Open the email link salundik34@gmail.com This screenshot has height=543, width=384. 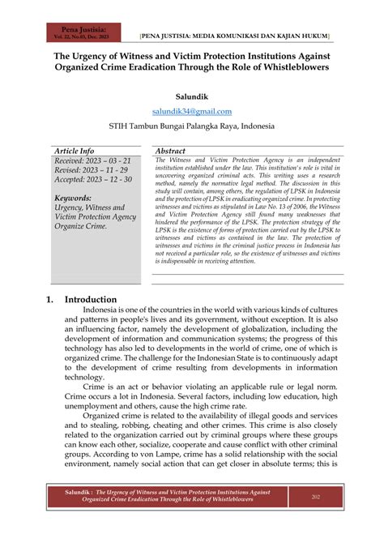coord(191,112)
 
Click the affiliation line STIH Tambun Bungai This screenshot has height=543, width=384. coord(191,127)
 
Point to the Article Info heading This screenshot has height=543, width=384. coord(74,151)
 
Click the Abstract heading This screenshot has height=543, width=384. coord(170,151)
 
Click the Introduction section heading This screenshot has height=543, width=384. coord(91,299)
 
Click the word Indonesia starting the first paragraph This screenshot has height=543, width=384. coord(105,310)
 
